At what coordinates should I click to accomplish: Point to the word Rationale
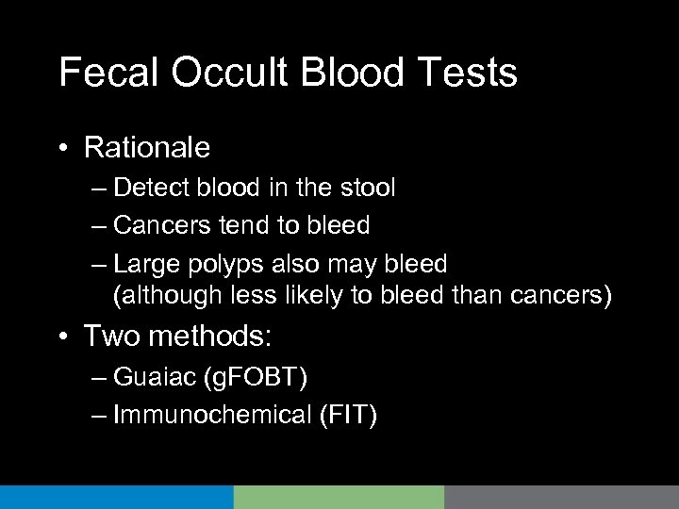coord(146,148)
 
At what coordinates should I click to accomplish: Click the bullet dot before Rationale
coord(63,149)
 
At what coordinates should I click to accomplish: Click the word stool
coord(365,188)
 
